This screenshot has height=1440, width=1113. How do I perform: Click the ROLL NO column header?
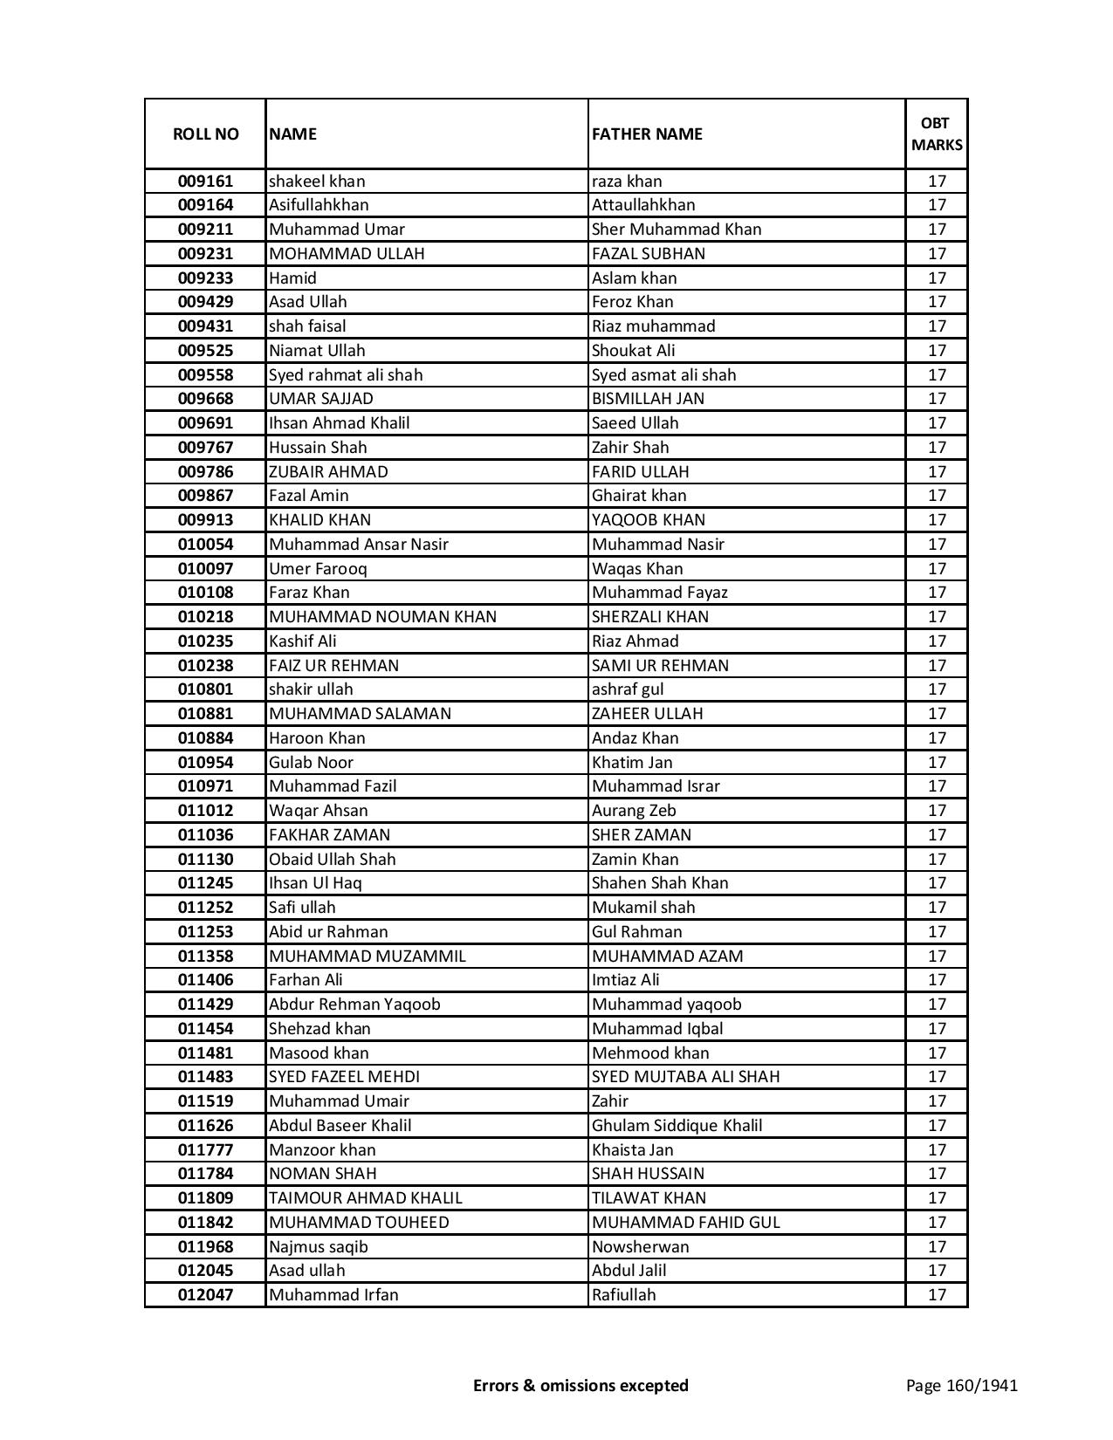tap(205, 134)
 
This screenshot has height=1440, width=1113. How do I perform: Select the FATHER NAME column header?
tap(647, 134)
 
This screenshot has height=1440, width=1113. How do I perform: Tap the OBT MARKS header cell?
tap(937, 134)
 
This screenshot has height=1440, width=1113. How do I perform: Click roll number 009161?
tap(205, 182)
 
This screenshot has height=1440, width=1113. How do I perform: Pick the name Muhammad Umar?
tap(337, 230)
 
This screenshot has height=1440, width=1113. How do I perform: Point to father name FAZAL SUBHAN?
tap(649, 254)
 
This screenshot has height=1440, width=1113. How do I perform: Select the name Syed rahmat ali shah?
tap(346, 375)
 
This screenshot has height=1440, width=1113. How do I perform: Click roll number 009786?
tap(205, 472)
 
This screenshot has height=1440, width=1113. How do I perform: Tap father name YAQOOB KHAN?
tap(649, 520)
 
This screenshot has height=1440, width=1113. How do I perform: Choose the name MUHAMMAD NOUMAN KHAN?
tap(382, 617)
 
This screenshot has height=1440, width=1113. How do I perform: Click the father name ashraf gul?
tap(628, 689)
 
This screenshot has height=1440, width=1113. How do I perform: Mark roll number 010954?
tap(205, 763)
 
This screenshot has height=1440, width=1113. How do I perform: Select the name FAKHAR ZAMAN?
tap(329, 835)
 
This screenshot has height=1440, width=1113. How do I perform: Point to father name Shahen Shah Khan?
tap(660, 883)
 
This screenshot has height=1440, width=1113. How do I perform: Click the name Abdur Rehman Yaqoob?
tap(354, 1005)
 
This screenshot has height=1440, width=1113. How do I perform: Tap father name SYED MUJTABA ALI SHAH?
tap(685, 1077)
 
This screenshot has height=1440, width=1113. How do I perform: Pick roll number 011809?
tap(205, 1198)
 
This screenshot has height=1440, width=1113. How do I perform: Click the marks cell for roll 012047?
tap(937, 1295)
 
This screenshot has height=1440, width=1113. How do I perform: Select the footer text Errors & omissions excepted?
tap(581, 1385)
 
